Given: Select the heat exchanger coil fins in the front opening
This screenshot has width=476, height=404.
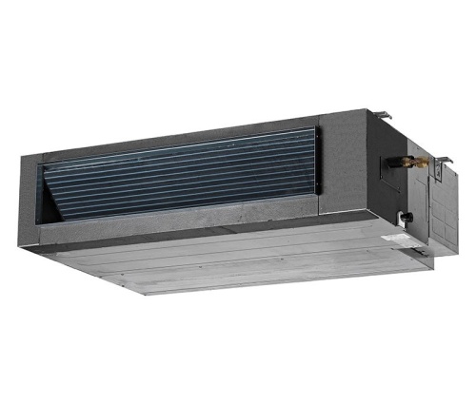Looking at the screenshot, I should pos(190,176).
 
